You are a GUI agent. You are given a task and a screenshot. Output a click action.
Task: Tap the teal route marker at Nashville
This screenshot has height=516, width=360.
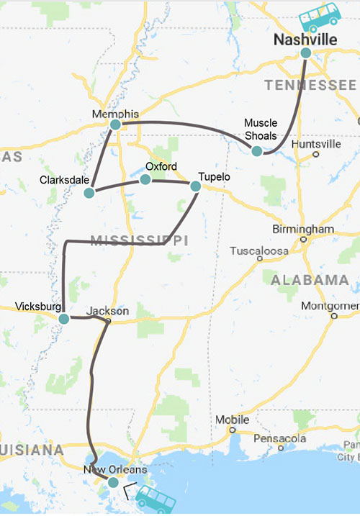[x=306, y=53]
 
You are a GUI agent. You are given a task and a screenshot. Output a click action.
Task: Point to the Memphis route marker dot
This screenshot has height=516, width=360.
[x=115, y=125]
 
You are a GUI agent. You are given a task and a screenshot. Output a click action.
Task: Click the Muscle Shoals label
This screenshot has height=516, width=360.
[x=261, y=130]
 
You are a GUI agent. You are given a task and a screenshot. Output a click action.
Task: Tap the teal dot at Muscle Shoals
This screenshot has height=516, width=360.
[x=256, y=151]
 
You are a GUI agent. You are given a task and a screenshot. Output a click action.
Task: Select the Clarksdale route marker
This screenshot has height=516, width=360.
[x=89, y=193]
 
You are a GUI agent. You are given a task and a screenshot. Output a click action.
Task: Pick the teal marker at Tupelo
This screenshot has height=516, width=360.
[x=195, y=186]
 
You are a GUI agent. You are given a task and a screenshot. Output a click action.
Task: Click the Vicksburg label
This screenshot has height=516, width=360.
[x=38, y=307]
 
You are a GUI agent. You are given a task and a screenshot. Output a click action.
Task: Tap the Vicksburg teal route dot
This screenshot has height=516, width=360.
[x=64, y=318]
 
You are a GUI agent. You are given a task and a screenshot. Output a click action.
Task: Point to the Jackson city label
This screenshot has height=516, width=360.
[x=107, y=312]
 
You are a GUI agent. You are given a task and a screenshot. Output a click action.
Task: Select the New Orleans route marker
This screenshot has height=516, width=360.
[x=113, y=482]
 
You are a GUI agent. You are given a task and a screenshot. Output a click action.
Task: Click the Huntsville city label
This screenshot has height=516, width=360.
[x=316, y=144]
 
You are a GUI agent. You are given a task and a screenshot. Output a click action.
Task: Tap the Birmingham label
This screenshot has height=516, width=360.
[x=303, y=230]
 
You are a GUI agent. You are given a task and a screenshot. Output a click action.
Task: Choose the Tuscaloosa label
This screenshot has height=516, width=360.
[x=258, y=251]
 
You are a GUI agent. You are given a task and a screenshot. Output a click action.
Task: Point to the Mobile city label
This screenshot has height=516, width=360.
[x=233, y=420]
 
